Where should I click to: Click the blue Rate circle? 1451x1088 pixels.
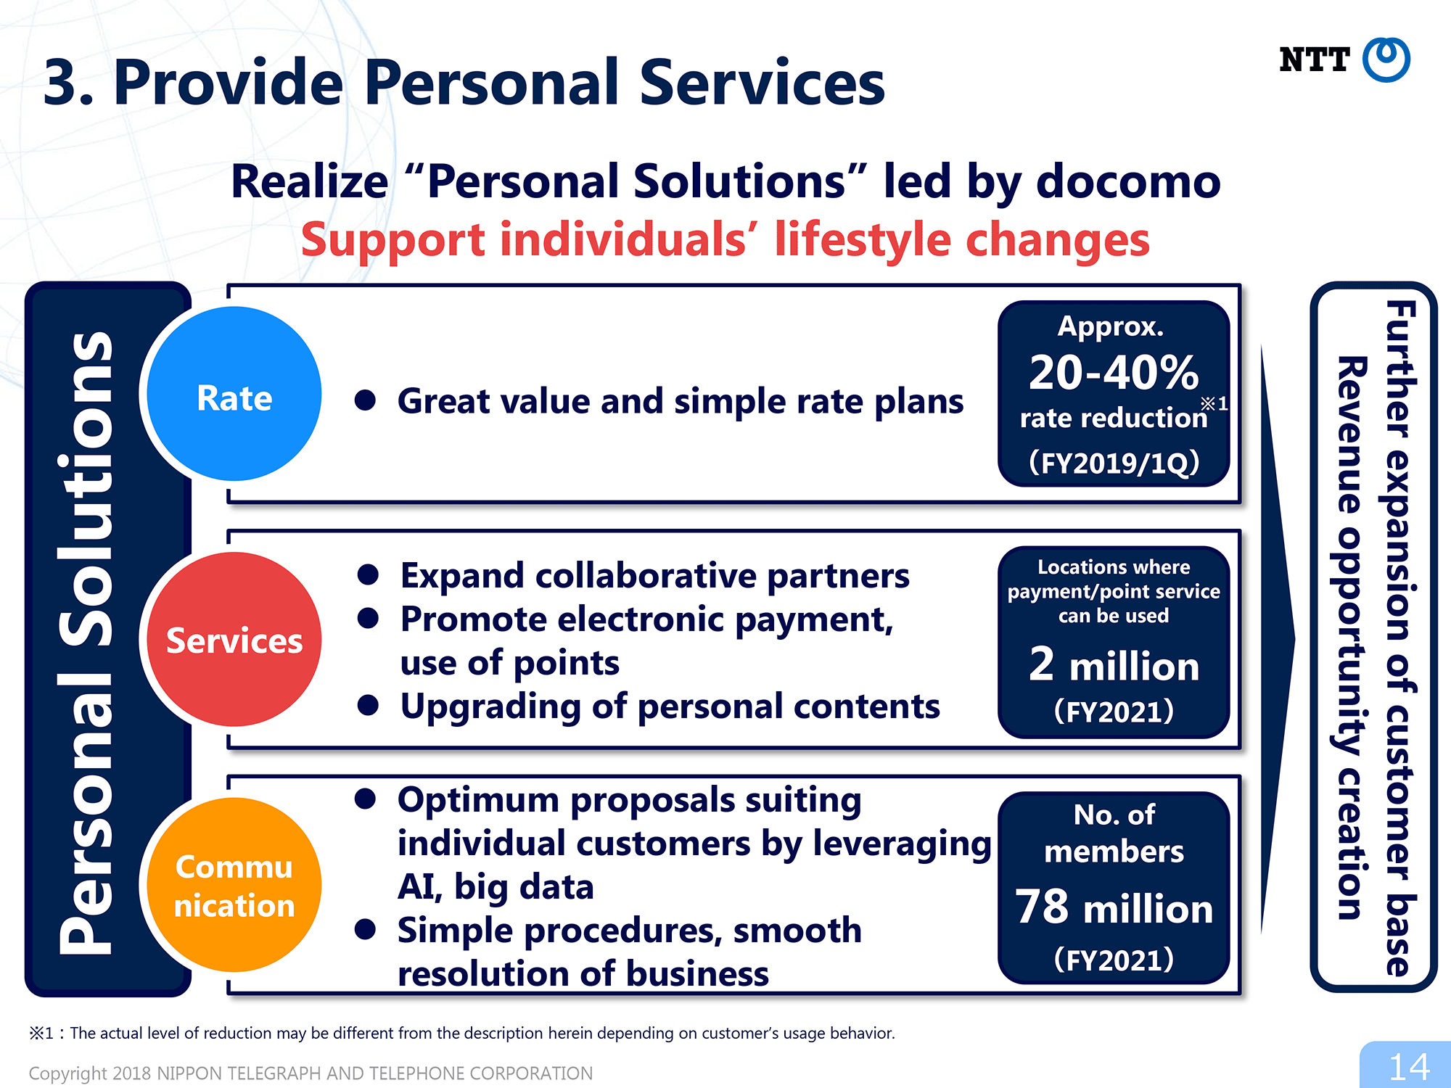click(x=234, y=394)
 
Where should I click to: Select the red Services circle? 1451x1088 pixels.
click(x=234, y=639)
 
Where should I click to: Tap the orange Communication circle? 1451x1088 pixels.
click(x=234, y=885)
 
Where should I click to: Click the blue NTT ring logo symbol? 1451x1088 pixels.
click(x=1386, y=59)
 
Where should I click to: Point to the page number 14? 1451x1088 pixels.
click(x=1409, y=1067)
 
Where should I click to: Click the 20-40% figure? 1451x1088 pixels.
click(x=1114, y=372)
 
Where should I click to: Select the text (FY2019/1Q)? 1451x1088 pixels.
click(x=1114, y=463)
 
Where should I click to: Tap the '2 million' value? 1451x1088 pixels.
click(x=1114, y=664)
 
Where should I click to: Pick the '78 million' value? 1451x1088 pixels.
click(x=1114, y=907)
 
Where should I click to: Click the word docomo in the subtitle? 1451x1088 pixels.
click(x=1129, y=181)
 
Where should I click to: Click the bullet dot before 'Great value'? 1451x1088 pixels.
click(x=365, y=400)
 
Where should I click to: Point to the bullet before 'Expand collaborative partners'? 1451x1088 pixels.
click(x=368, y=574)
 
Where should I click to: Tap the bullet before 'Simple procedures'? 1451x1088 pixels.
click(x=365, y=929)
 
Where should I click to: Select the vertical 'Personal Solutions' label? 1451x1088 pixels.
click(x=86, y=642)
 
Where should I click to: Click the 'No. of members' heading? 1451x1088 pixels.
click(x=1114, y=833)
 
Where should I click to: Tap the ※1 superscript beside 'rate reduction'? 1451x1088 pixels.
click(x=1214, y=403)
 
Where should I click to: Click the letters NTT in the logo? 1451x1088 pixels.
click(x=1315, y=59)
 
